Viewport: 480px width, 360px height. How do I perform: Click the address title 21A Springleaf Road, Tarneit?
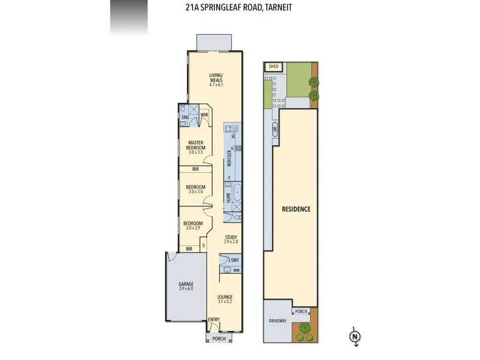(x=238, y=7)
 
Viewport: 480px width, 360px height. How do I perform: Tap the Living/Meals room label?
(x=216, y=80)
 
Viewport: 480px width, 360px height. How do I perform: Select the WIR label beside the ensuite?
(x=204, y=115)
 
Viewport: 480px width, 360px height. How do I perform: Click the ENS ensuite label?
(x=185, y=117)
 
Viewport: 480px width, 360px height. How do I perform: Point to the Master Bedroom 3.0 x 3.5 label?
(x=196, y=147)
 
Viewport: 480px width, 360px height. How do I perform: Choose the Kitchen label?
(x=229, y=158)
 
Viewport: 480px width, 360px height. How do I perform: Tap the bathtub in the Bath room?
(x=237, y=193)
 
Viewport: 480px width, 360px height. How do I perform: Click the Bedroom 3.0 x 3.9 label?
(x=193, y=226)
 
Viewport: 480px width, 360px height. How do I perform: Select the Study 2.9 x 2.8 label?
(x=231, y=239)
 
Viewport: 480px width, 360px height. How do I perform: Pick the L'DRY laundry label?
(x=233, y=260)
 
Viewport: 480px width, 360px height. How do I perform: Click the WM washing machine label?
(x=236, y=271)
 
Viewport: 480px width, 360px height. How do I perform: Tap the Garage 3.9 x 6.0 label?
(x=186, y=286)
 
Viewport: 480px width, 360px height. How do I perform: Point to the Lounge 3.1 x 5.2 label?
(x=224, y=299)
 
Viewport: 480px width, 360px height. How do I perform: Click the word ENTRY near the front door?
(x=214, y=320)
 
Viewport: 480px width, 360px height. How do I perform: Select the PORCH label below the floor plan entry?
(x=219, y=338)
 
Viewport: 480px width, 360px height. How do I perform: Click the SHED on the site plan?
(x=274, y=67)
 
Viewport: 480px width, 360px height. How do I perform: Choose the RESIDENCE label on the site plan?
(x=296, y=209)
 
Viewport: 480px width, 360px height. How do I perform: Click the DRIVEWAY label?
(x=278, y=321)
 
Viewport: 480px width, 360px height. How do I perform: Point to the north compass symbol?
(x=355, y=337)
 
